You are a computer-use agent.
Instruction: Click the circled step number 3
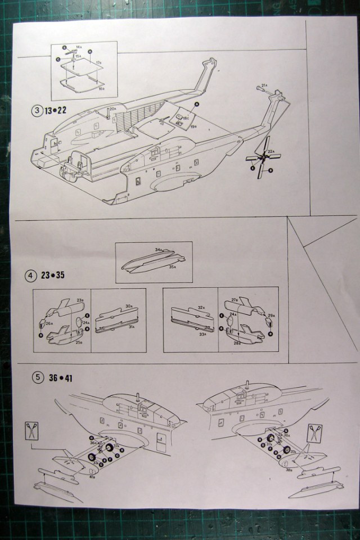click(37, 110)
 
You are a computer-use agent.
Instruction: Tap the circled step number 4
click(31, 276)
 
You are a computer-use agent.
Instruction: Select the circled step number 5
click(37, 377)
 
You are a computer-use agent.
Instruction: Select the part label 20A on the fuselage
click(112, 109)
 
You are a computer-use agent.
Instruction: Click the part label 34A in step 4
click(159, 249)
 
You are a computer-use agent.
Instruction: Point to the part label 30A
click(129, 307)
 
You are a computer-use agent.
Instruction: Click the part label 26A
click(49, 323)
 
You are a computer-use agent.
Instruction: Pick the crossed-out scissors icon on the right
click(313, 433)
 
